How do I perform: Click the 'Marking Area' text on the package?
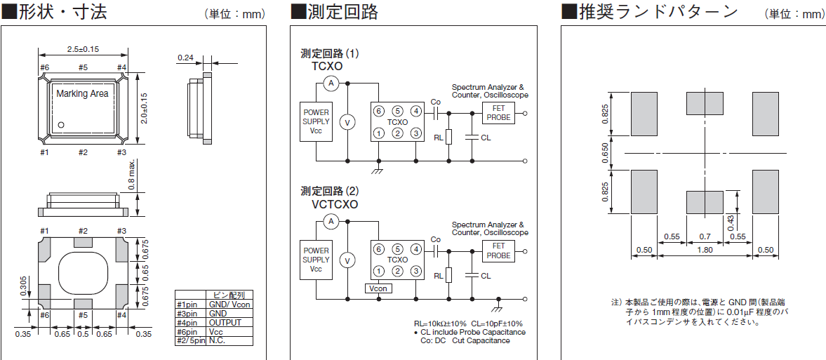point(82,94)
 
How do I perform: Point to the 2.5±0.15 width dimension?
point(83,49)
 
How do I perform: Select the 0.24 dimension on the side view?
point(186,58)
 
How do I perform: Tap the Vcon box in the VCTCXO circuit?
point(379,288)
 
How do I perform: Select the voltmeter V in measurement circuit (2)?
point(345,261)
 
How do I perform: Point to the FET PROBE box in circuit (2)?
point(498,251)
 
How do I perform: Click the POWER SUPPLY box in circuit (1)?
point(316,121)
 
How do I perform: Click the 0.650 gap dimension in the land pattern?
point(606,153)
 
